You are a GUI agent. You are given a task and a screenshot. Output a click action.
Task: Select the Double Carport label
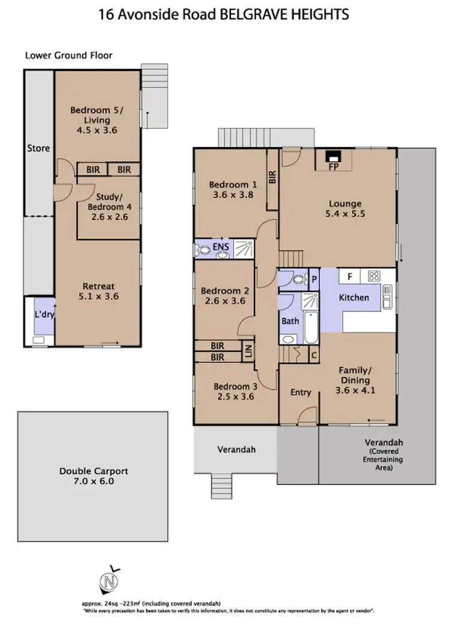click(x=93, y=472)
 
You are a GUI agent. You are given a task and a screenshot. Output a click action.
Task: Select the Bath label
click(x=290, y=321)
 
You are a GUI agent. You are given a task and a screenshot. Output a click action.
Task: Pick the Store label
click(x=38, y=148)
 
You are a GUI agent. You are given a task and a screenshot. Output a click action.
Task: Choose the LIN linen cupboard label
click(x=247, y=351)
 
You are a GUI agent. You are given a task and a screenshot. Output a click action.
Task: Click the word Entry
click(x=301, y=393)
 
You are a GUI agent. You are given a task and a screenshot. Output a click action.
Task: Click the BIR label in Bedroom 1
click(x=272, y=176)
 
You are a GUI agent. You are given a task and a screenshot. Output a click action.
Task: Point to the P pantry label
click(x=313, y=278)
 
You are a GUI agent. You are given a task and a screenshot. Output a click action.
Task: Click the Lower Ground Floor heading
click(x=69, y=55)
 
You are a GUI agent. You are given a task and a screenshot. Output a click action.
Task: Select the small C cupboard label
click(x=313, y=355)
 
